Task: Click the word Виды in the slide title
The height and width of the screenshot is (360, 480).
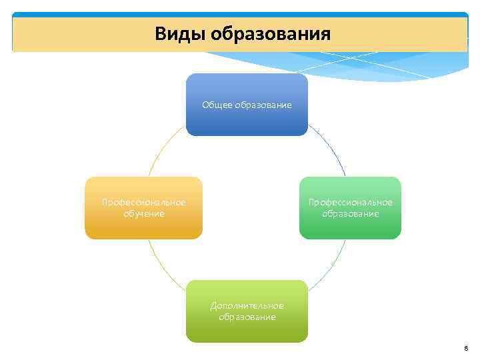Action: click(x=180, y=33)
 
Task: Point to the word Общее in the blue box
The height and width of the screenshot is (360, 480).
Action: click(x=217, y=105)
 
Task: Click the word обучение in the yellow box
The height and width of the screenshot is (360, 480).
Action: click(x=143, y=214)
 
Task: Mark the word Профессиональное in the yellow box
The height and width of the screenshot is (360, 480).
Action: click(x=143, y=202)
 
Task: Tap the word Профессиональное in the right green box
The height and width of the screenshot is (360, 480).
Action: click(x=350, y=202)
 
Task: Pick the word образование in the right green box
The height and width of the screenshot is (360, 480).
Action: click(x=350, y=214)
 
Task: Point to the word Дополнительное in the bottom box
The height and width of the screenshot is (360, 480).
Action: click(x=247, y=305)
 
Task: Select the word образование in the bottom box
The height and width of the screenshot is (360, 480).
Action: click(x=247, y=317)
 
